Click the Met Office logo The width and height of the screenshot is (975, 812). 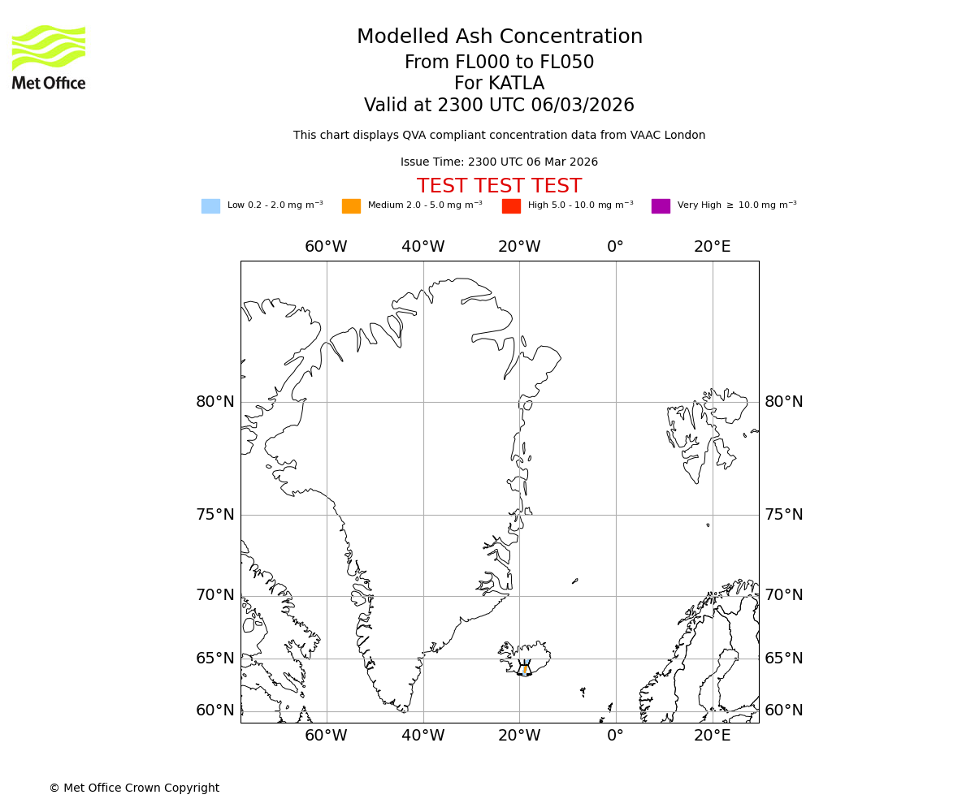coord(49,57)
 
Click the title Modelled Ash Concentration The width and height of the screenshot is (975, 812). coord(499,37)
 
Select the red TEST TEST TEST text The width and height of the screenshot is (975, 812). coord(499,186)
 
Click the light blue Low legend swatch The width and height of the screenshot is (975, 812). coord(210,205)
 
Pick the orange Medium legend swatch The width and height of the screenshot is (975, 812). coord(351,205)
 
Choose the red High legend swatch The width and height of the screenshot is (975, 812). coord(511,205)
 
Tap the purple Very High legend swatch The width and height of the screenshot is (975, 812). coord(661,205)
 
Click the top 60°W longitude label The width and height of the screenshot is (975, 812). coord(326,247)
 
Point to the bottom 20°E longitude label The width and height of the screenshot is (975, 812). coord(712,736)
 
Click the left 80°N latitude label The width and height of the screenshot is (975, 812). coord(215,402)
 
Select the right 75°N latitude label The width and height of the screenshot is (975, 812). coord(783,515)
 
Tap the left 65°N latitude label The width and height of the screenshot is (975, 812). coord(215,659)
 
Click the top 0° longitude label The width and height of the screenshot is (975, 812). coord(615,247)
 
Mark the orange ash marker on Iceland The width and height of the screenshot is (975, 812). coord(525,669)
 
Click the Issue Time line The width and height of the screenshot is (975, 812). coord(499,162)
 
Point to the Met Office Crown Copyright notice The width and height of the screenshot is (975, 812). coord(134,788)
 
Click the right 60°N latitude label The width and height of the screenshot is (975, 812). coord(783,710)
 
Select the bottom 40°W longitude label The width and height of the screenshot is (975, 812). coord(422,736)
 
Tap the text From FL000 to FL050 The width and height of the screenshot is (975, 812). coord(499,63)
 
